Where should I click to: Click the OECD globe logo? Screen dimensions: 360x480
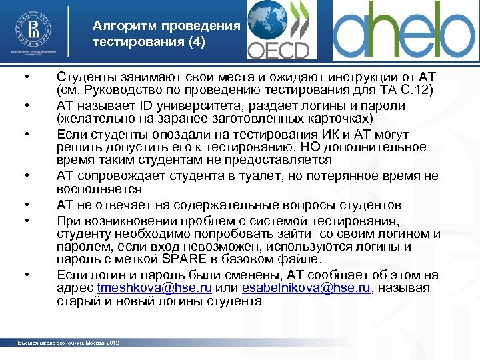(279, 30)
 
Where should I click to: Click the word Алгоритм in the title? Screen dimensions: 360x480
(125, 27)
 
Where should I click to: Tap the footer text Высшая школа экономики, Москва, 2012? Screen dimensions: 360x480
(69, 343)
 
